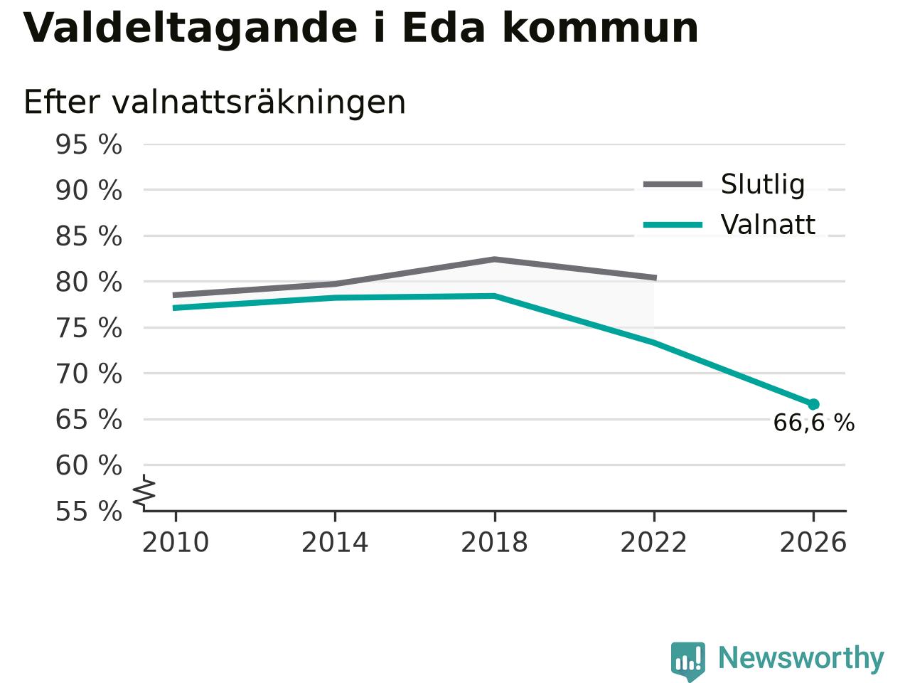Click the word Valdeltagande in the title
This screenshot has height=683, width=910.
pyautogui.click(x=189, y=29)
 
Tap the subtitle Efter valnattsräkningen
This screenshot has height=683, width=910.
pyautogui.click(x=214, y=103)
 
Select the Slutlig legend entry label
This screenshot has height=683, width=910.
pyautogui.click(x=762, y=184)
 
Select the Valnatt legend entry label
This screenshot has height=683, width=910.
pyautogui.click(x=768, y=225)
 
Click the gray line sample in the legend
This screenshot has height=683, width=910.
pyautogui.click(x=673, y=184)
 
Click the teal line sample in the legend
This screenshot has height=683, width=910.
pyautogui.click(x=673, y=226)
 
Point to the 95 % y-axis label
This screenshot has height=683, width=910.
pyautogui.click(x=89, y=144)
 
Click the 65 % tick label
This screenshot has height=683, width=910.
pyautogui.click(x=89, y=419)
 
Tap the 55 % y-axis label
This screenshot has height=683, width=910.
pyautogui.click(x=89, y=511)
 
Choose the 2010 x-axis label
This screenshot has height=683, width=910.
pyautogui.click(x=176, y=542)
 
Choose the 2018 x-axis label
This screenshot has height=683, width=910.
pyautogui.click(x=494, y=542)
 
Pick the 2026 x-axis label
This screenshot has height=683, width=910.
pyautogui.click(x=813, y=542)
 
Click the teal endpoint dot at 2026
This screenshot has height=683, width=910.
pyautogui.click(x=813, y=404)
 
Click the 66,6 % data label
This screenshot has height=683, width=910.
pyautogui.click(x=814, y=423)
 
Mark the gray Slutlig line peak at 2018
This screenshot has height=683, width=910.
pyautogui.click(x=494, y=260)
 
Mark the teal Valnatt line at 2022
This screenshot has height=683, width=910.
pyautogui.click(x=654, y=342)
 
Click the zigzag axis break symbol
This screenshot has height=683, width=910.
pyautogui.click(x=144, y=492)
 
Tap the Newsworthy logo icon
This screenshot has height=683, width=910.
pyautogui.click(x=687, y=661)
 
